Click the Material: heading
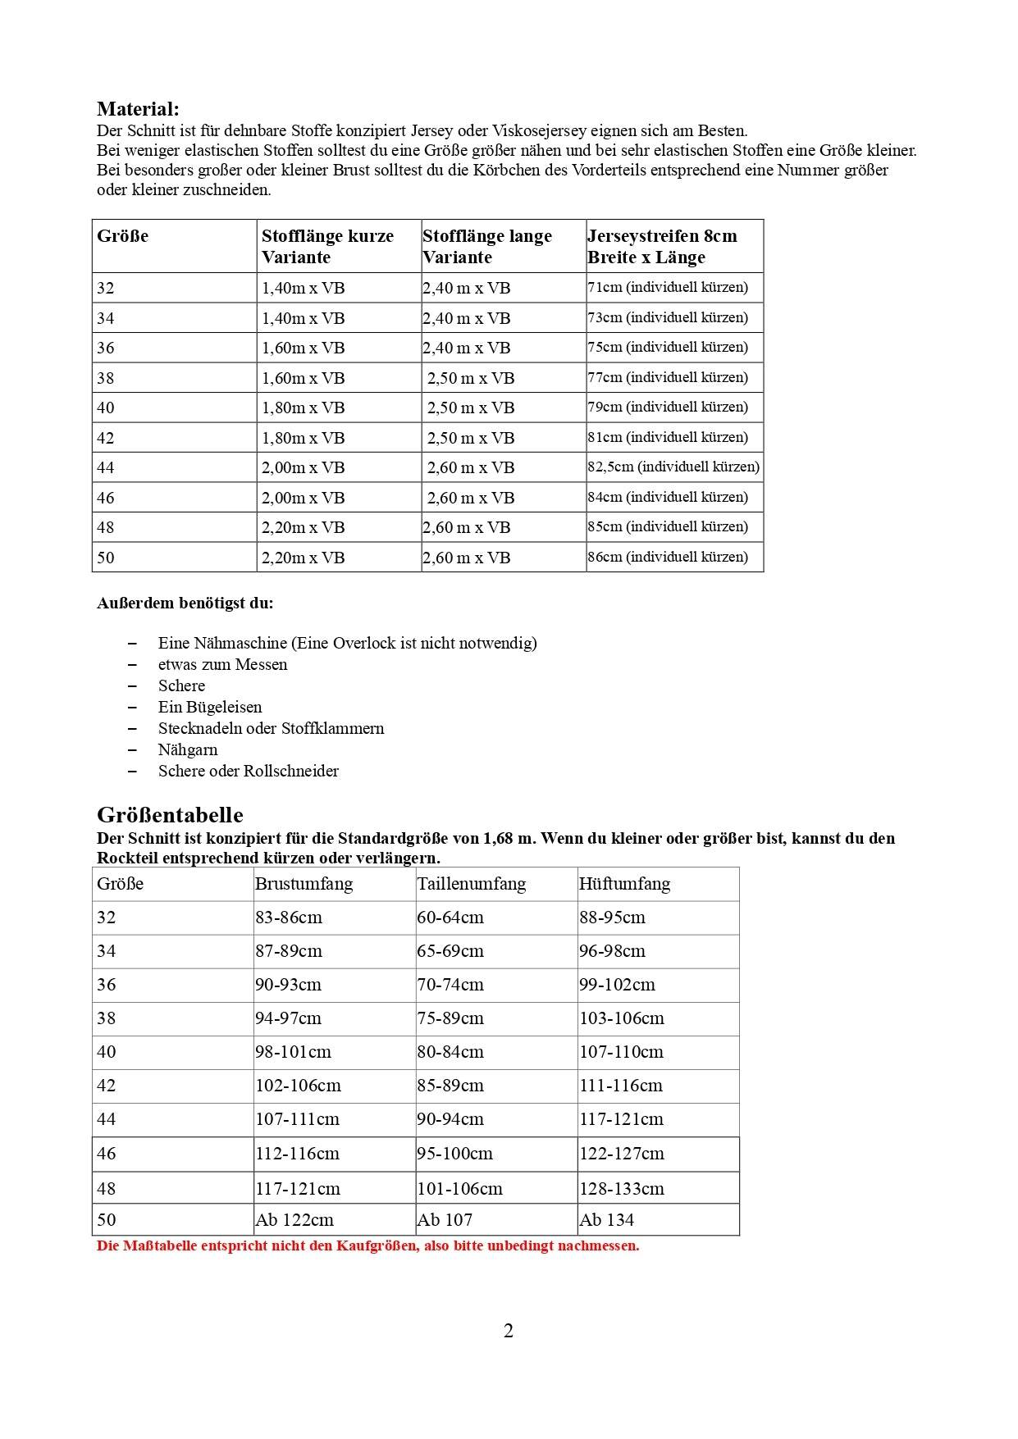(138, 109)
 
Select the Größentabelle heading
(170, 815)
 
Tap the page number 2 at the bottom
(509, 1331)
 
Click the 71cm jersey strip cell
(668, 288)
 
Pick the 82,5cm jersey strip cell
(673, 467)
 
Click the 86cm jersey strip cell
(668, 558)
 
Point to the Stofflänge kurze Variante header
(327, 246)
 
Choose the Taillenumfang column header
(471, 884)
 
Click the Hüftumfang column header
(624, 884)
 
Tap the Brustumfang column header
(304, 884)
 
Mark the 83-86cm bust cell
(289, 918)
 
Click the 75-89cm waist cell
(450, 1018)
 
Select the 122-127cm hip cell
(622, 1154)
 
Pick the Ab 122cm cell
(294, 1220)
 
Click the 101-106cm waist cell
(459, 1188)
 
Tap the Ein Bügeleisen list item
(210, 707)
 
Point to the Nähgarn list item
(188, 749)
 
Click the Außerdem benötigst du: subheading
(185, 603)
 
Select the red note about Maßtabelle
(367, 1246)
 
